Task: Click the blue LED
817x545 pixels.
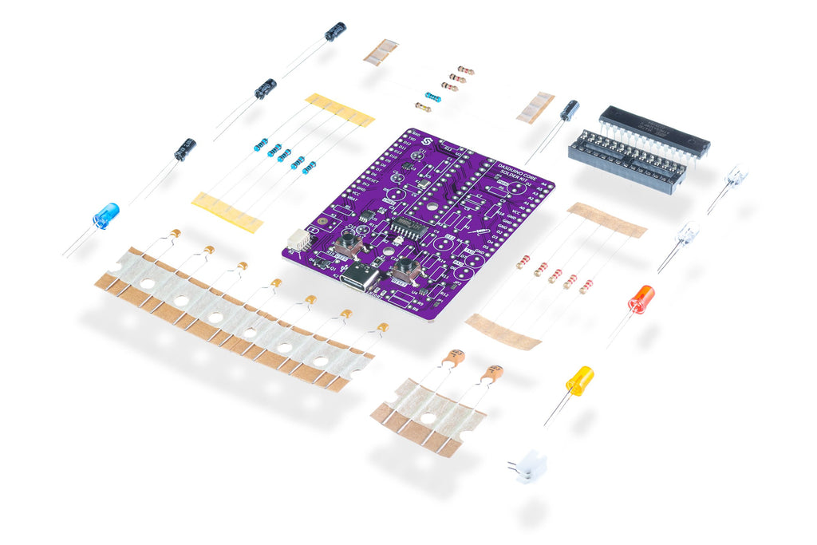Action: [105, 215]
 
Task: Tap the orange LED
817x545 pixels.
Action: [641, 299]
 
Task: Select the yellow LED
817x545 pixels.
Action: [580, 380]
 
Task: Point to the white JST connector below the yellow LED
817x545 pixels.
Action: [529, 466]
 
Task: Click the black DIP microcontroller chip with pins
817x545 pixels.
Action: [653, 132]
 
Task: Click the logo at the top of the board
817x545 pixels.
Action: [427, 142]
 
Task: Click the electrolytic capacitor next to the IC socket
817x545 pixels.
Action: [569, 110]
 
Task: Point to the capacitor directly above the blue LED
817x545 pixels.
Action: [185, 149]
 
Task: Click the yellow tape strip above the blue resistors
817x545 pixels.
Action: [339, 109]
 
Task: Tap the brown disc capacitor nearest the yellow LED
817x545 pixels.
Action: [493, 373]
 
